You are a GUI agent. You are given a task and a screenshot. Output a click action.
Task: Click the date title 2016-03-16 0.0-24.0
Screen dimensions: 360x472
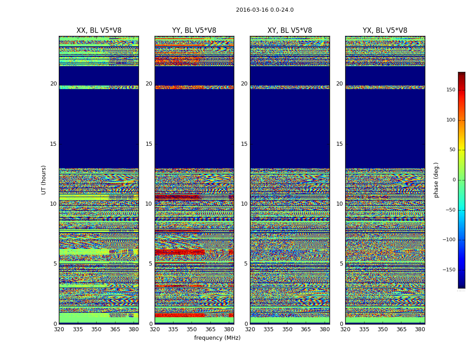coord(264,10)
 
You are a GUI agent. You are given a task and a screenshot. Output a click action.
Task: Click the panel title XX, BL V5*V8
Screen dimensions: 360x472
coord(99,31)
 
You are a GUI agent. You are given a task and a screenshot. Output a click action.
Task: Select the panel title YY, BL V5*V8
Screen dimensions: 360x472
coord(194,31)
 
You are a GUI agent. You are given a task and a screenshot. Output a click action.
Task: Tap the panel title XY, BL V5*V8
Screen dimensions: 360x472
coord(289,31)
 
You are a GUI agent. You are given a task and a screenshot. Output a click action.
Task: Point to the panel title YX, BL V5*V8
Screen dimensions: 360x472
coord(385,31)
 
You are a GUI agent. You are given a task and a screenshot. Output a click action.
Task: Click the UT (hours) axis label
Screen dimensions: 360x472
coord(44,180)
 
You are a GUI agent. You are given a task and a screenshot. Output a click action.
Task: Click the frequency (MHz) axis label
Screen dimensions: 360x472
coord(217,338)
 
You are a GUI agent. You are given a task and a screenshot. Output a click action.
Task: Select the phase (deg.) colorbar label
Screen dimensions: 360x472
coord(436,180)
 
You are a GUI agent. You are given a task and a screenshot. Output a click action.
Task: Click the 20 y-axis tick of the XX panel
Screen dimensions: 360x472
coord(53,84)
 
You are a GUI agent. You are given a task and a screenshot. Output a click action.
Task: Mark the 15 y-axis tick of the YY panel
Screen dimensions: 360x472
coord(149,144)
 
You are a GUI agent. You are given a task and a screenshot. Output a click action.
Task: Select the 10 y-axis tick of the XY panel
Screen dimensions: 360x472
coord(244,204)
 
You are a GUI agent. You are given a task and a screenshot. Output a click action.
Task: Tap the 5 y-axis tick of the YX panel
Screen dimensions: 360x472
coord(341,264)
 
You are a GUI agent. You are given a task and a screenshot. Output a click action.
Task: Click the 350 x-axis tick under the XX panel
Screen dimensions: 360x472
coord(96,329)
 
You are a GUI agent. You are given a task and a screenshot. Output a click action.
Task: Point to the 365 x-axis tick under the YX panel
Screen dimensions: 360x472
coord(401,329)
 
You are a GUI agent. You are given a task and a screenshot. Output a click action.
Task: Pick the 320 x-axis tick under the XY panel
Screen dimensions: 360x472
coord(250,329)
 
